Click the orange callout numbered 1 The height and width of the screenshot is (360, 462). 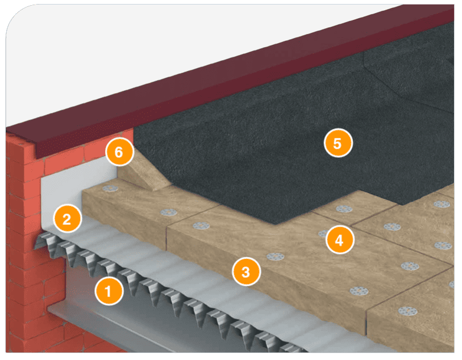coord(109,291)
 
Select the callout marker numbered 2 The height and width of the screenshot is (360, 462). coord(67,219)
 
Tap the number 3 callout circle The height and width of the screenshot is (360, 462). coord(246,271)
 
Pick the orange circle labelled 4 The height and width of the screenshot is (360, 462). coord(340,240)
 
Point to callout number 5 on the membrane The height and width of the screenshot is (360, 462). coord(338,143)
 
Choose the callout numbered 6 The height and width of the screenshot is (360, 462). coord(119,152)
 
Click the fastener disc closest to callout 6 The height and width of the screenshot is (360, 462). coord(110,188)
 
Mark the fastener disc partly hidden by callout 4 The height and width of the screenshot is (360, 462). coord(323,233)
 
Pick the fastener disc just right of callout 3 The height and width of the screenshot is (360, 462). coord(276,257)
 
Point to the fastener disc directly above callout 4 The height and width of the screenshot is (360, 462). coord(344,209)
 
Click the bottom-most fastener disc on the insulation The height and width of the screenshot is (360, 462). coord(408,311)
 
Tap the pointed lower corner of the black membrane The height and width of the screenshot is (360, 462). coord(276,224)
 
